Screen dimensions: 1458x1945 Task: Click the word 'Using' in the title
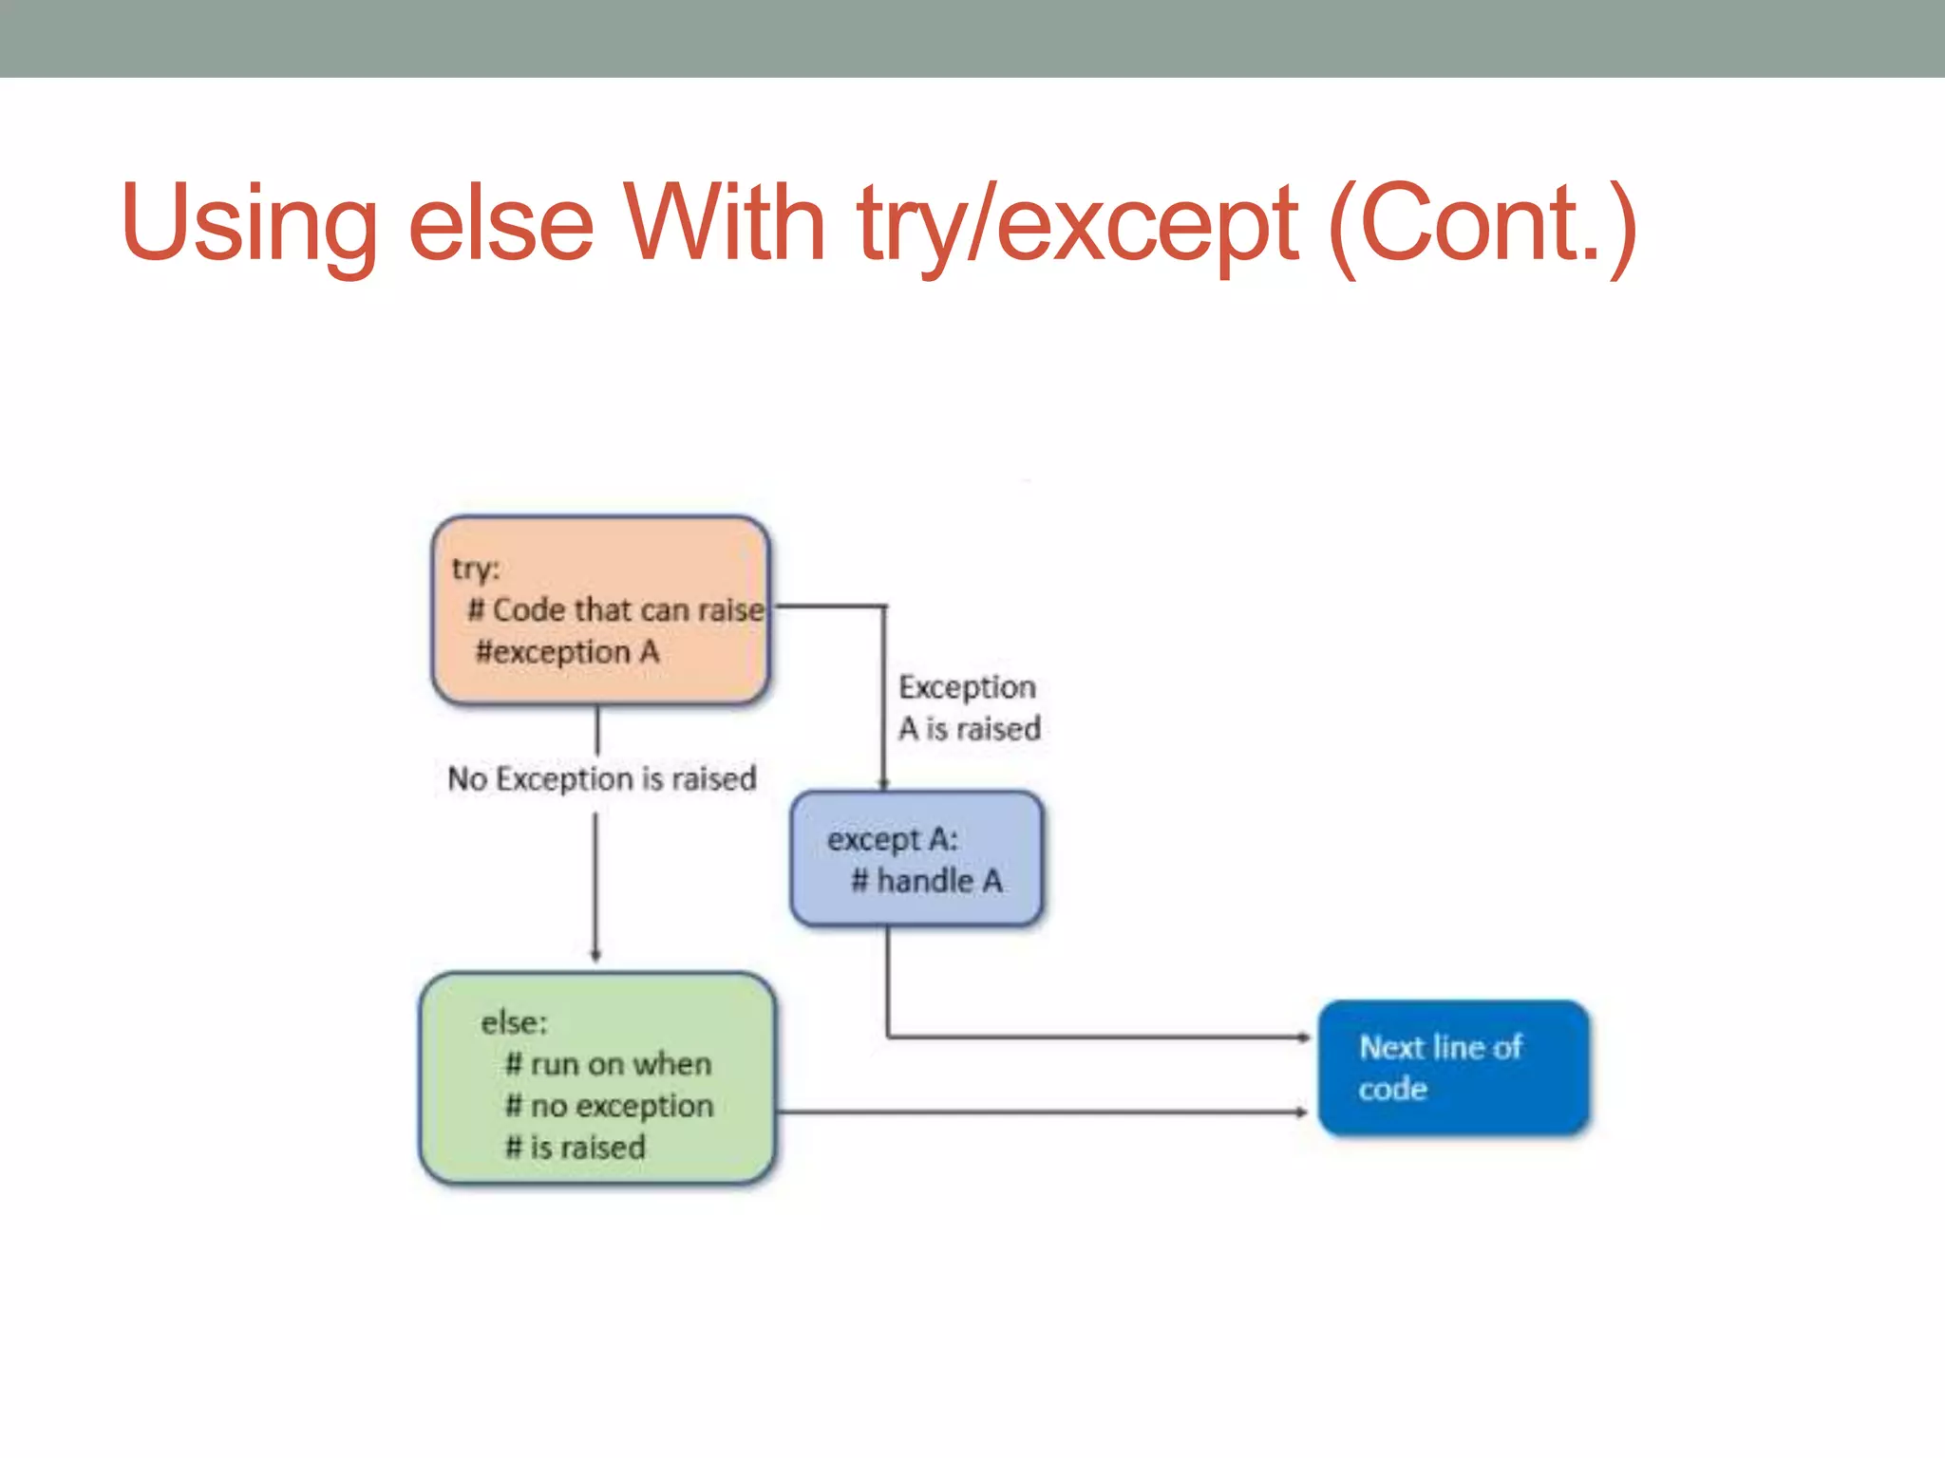(249, 224)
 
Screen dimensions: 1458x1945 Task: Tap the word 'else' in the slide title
(500, 224)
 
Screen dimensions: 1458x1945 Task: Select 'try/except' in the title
(1077, 224)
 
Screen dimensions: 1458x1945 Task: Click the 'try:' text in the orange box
(475, 569)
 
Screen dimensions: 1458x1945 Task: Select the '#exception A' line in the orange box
(567, 652)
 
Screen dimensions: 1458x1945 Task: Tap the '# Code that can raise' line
(615, 609)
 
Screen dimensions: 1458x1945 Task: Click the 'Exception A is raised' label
(969, 707)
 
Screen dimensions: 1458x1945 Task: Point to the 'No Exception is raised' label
(602, 778)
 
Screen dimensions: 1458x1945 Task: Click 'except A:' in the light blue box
(892, 839)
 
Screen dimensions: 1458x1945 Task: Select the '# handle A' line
(926, 881)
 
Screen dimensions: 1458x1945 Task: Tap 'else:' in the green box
(514, 1022)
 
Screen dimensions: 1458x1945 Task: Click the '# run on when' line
(608, 1064)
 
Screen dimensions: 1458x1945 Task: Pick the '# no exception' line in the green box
(609, 1106)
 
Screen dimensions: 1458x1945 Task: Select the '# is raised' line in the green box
(575, 1148)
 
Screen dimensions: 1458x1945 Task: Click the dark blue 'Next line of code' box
(1453, 1068)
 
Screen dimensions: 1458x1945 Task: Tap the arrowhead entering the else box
(596, 956)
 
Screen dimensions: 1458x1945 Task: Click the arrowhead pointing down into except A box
(884, 784)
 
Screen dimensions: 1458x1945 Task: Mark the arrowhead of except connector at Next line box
(1306, 1037)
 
